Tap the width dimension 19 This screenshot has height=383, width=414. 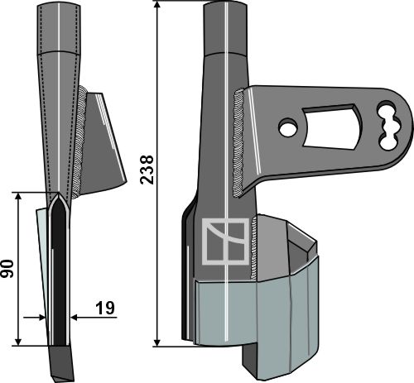click(105, 309)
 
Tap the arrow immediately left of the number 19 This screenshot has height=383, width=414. click(78, 316)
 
